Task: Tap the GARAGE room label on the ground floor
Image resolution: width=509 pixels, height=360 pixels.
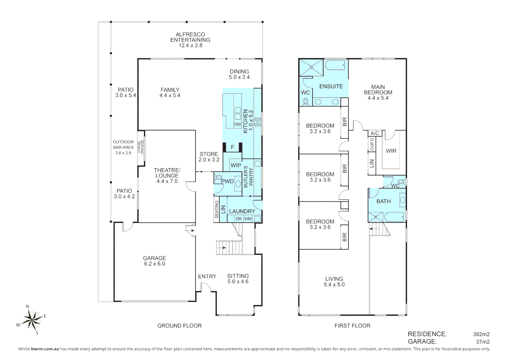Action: coord(155,258)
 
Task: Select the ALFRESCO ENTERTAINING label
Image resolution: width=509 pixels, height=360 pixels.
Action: coord(191,37)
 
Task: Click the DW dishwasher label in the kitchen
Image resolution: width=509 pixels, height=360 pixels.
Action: coord(238,124)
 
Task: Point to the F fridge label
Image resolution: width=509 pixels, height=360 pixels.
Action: coord(233,147)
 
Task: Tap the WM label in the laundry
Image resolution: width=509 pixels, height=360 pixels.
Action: coord(248,219)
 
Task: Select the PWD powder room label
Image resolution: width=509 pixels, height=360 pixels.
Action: coord(228,181)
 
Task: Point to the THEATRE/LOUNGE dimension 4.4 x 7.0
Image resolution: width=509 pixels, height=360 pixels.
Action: coord(167,181)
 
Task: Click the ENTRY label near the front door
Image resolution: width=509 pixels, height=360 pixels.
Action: coord(207,276)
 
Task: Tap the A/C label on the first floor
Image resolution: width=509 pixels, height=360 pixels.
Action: coord(375,133)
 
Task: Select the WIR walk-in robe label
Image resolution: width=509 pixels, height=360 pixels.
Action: coord(391,151)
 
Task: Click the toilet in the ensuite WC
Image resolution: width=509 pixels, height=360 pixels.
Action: coord(305,102)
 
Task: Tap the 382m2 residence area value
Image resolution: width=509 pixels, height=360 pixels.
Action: coord(481,334)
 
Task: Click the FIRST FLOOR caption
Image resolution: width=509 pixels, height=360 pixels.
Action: coord(352,326)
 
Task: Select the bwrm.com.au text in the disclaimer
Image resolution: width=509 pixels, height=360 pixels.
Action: coord(45,349)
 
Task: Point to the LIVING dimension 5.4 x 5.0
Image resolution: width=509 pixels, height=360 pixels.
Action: coord(334,284)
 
